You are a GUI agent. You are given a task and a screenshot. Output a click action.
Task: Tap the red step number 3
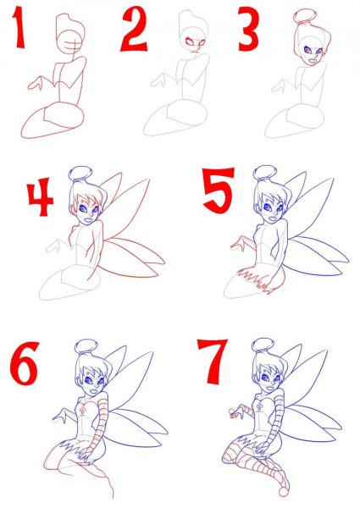[248, 32]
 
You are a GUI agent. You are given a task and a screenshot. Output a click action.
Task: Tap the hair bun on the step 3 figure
[302, 16]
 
